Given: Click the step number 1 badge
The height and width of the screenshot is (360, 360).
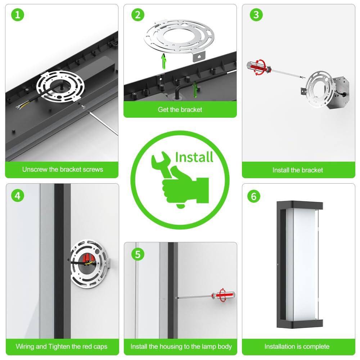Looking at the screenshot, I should click(17, 15).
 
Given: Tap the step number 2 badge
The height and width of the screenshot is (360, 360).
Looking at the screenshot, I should click(137, 15).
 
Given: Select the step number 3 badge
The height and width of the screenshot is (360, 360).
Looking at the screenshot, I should click(256, 15).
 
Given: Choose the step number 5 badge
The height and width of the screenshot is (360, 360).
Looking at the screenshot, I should click(137, 254).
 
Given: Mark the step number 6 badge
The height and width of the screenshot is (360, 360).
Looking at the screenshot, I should click(254, 196).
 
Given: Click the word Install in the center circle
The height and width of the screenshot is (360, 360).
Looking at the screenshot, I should click(194, 157).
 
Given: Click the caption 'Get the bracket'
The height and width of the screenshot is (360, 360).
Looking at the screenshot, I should click(180, 109).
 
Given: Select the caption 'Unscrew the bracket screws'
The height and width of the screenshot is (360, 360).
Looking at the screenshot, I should click(62, 169).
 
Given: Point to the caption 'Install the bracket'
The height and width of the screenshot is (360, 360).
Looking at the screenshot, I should click(298, 170).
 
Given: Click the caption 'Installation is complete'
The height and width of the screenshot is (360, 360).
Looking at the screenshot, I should click(297, 346).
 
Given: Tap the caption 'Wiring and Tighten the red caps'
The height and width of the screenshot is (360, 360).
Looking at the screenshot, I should click(62, 346).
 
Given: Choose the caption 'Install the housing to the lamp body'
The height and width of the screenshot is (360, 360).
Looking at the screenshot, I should click(181, 346).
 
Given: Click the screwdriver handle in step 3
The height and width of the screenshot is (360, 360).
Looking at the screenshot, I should click(256, 68).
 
